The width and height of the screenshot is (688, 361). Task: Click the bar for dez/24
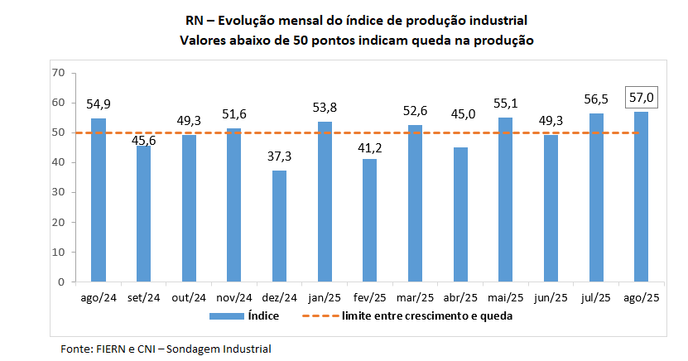[279, 226]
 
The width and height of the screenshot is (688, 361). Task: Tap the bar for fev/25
[369, 220]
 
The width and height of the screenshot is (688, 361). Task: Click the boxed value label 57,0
[641, 98]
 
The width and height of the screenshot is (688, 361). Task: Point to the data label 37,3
[279, 156]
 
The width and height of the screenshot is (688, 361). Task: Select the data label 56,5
[596, 99]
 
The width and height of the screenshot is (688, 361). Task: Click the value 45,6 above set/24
[144, 140]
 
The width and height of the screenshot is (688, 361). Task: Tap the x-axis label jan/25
[325, 297]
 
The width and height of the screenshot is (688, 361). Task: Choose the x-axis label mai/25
[505, 297]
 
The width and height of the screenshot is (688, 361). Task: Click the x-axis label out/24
[189, 297]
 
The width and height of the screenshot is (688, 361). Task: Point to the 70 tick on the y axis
[58, 73]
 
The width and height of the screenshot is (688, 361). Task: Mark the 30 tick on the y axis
[58, 192]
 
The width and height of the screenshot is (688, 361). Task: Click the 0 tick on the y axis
[60, 282]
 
